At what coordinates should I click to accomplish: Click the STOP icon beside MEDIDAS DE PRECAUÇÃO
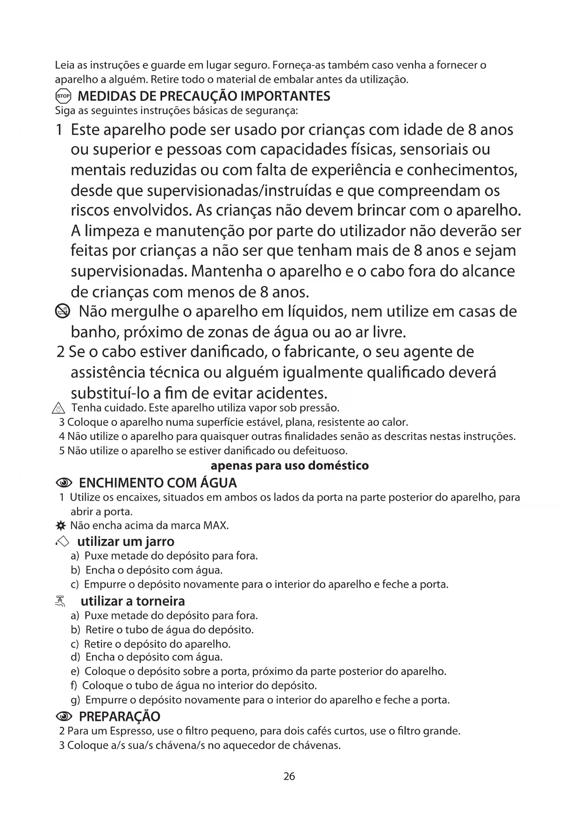coord(63,97)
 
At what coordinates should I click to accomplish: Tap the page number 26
coord(289,777)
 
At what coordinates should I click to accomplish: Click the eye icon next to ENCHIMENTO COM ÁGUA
coord(64,483)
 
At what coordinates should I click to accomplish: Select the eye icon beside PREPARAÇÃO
coord(64,717)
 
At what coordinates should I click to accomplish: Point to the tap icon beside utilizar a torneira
coord(60,601)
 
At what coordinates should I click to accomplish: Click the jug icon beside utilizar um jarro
coord(62,542)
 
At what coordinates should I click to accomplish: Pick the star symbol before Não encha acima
coord(59,526)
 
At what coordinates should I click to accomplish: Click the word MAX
coord(215,525)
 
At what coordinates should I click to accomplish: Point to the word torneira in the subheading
coord(161,601)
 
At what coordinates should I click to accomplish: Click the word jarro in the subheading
coord(159,542)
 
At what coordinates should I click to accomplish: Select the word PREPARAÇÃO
coord(120,717)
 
